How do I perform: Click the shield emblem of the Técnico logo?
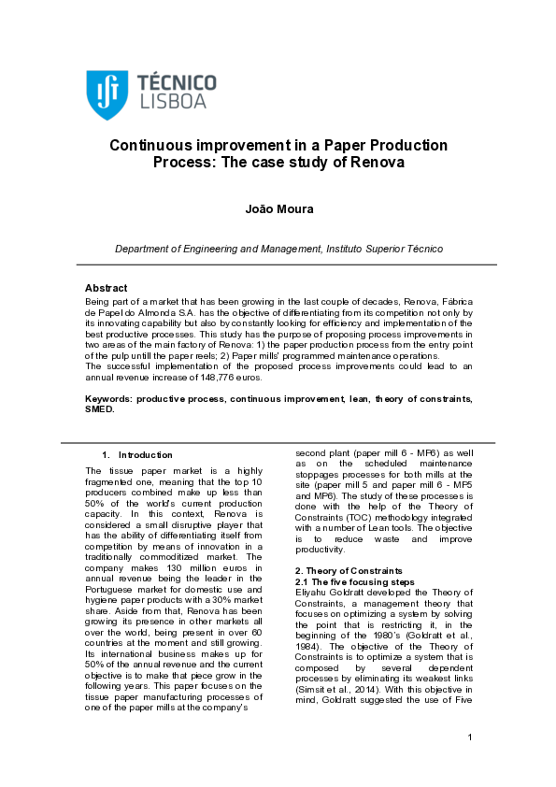[102, 89]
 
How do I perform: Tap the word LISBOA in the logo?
[172, 100]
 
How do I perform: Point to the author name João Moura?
[278, 208]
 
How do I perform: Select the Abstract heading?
[106, 288]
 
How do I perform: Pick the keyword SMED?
[100, 409]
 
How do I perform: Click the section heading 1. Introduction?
[137, 455]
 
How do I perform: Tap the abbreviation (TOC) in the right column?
[359, 516]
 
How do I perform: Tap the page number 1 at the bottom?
[470, 764]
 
